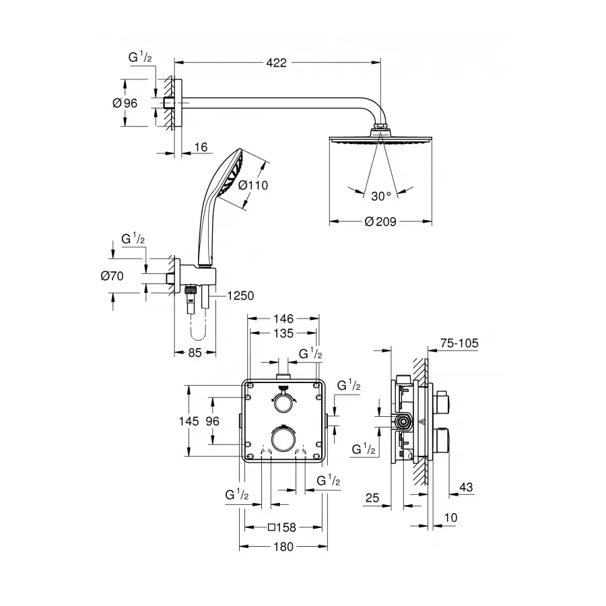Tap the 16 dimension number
pyautogui.click(x=199, y=146)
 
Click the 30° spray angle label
pyautogui.click(x=380, y=196)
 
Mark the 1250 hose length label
pyautogui.click(x=240, y=296)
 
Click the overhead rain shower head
pyautogui.click(x=381, y=139)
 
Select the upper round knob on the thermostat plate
pyautogui.click(x=282, y=402)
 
